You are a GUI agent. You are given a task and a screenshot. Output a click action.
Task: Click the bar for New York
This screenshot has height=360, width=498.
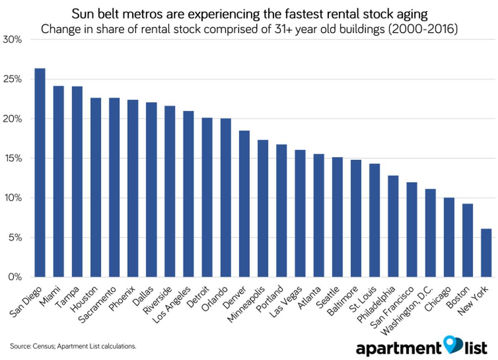click(486, 253)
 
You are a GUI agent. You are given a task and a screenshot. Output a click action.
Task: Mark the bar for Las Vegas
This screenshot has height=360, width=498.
click(300, 213)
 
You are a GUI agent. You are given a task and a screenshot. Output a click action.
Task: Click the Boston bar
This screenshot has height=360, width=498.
click(467, 240)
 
